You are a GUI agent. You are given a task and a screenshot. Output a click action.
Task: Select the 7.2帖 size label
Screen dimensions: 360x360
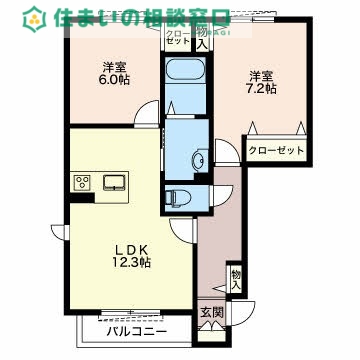click(263, 88)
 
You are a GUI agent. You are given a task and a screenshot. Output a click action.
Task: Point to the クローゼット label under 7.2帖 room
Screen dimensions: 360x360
click(276, 149)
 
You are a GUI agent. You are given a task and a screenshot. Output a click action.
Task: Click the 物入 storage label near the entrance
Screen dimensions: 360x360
click(235, 278)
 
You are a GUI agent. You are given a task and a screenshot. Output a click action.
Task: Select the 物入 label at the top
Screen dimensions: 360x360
click(202, 38)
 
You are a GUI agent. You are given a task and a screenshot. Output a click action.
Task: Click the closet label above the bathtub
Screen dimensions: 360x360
click(178, 38)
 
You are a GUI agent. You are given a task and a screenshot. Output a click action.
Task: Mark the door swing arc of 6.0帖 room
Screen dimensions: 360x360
click(146, 112)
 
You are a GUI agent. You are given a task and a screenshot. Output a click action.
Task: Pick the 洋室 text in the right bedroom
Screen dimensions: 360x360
click(262, 73)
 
